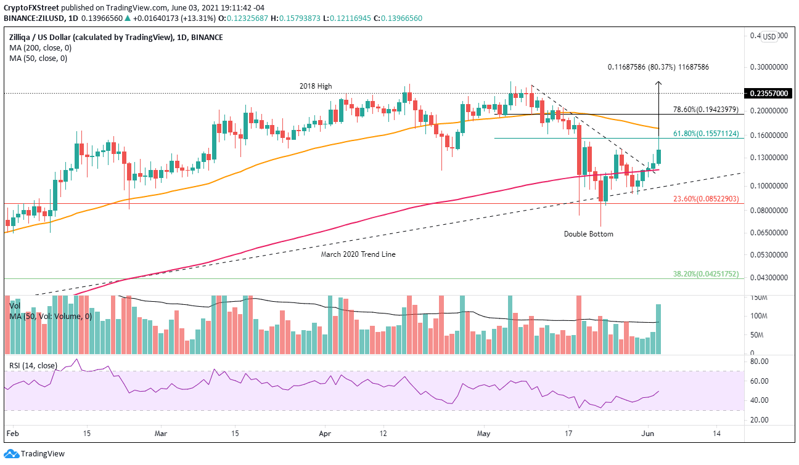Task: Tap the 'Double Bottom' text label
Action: point(589,234)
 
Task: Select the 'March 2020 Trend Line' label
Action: point(358,254)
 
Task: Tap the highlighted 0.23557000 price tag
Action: point(768,94)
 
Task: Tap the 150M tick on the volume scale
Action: point(760,297)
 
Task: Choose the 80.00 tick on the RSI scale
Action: point(760,362)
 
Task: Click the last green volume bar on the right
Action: point(658,329)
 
